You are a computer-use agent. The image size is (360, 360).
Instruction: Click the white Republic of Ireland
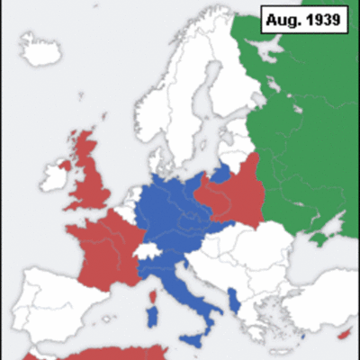51,180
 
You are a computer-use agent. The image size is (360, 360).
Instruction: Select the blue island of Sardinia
152,315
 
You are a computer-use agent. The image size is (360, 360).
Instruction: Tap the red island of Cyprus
344,335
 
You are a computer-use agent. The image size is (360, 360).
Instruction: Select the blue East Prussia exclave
220,171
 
